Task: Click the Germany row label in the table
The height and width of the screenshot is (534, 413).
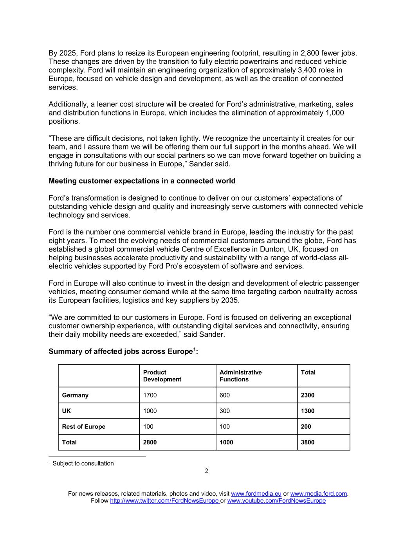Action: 75,395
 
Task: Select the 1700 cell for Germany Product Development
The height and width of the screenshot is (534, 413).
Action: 150,395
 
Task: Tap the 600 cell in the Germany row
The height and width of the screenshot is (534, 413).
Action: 225,395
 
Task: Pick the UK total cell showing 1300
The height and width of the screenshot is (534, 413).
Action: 307,411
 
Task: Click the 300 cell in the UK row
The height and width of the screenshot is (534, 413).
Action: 225,411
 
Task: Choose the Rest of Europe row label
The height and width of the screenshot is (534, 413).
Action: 83,426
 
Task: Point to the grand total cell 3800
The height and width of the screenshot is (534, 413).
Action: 307,442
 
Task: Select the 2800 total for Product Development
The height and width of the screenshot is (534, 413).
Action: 150,442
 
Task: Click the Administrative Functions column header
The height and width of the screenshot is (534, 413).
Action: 240,376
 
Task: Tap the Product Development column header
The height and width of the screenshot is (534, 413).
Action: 162,376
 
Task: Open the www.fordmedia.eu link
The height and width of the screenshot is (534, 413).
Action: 256,494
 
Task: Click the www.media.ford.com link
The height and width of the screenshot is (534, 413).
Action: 318,494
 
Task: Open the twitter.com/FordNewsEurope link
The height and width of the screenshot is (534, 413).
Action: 164,501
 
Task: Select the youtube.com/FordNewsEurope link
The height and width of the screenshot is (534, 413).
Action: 276,501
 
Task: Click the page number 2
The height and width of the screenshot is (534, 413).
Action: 206,471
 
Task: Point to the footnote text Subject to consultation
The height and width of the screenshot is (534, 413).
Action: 83,464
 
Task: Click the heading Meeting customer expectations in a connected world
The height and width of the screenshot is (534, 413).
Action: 142,181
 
